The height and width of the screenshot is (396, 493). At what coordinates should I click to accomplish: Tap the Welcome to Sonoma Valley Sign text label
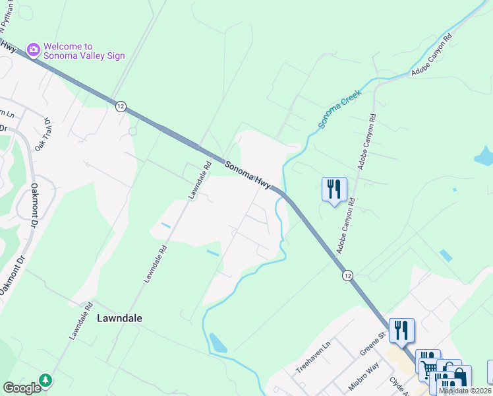click(84, 51)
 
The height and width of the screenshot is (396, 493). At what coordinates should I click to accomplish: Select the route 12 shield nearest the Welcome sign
click(120, 106)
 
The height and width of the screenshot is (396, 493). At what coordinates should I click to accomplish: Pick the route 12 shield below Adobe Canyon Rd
click(347, 275)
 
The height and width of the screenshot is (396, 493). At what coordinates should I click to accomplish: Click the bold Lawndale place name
click(119, 317)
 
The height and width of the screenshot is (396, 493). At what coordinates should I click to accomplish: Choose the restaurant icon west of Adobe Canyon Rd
click(334, 189)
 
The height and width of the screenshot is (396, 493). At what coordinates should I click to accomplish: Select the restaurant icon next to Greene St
click(401, 329)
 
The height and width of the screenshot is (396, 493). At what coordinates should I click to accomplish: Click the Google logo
click(22, 388)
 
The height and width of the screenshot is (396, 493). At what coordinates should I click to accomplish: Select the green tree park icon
click(45, 381)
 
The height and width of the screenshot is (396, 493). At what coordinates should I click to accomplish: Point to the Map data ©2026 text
click(465, 391)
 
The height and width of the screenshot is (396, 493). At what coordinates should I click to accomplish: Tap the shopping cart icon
click(429, 366)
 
